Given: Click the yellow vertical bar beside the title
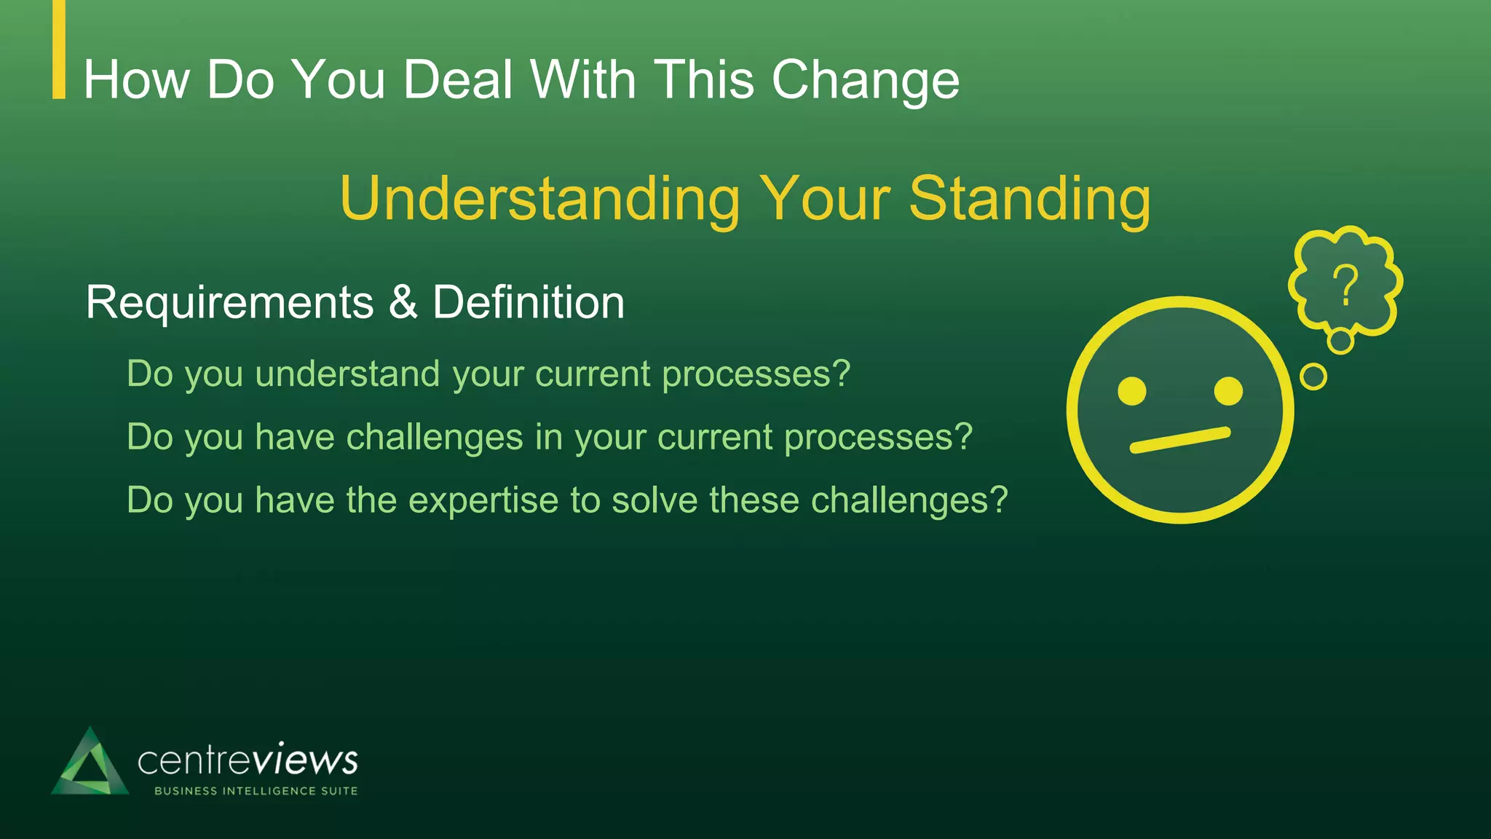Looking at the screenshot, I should point(59,49).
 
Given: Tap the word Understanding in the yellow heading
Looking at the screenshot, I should point(539,199).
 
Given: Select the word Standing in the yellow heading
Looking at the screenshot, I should point(1029,199).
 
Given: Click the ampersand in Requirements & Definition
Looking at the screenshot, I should point(403,302).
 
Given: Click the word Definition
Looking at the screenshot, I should point(529,302).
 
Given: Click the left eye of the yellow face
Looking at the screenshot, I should point(1132,391).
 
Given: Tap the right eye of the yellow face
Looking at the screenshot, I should point(1229,391).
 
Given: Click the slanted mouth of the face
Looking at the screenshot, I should point(1179,440).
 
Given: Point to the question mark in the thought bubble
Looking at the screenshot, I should point(1345,285).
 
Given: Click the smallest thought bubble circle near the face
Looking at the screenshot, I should point(1313,377).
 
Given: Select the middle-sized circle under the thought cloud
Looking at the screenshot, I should point(1340,341).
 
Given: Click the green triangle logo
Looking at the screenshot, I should point(90,765).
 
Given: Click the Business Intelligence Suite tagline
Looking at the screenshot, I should point(256,791).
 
